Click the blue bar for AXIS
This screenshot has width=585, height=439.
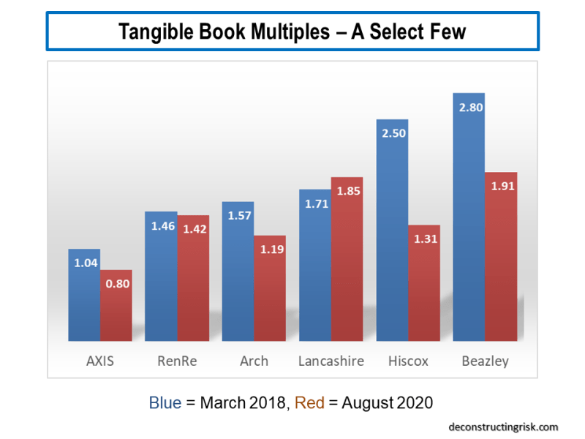[x=84, y=296]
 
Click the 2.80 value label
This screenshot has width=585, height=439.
[x=469, y=107]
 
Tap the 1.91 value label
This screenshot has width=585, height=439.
[x=502, y=186]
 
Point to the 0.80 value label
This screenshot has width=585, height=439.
[x=117, y=284]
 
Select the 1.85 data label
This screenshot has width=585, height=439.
[x=347, y=191]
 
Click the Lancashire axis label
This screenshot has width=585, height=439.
[x=331, y=361]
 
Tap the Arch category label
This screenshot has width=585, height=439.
[x=254, y=361]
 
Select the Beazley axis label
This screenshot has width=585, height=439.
[x=485, y=361]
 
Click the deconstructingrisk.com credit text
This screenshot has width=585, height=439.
[x=503, y=427]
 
